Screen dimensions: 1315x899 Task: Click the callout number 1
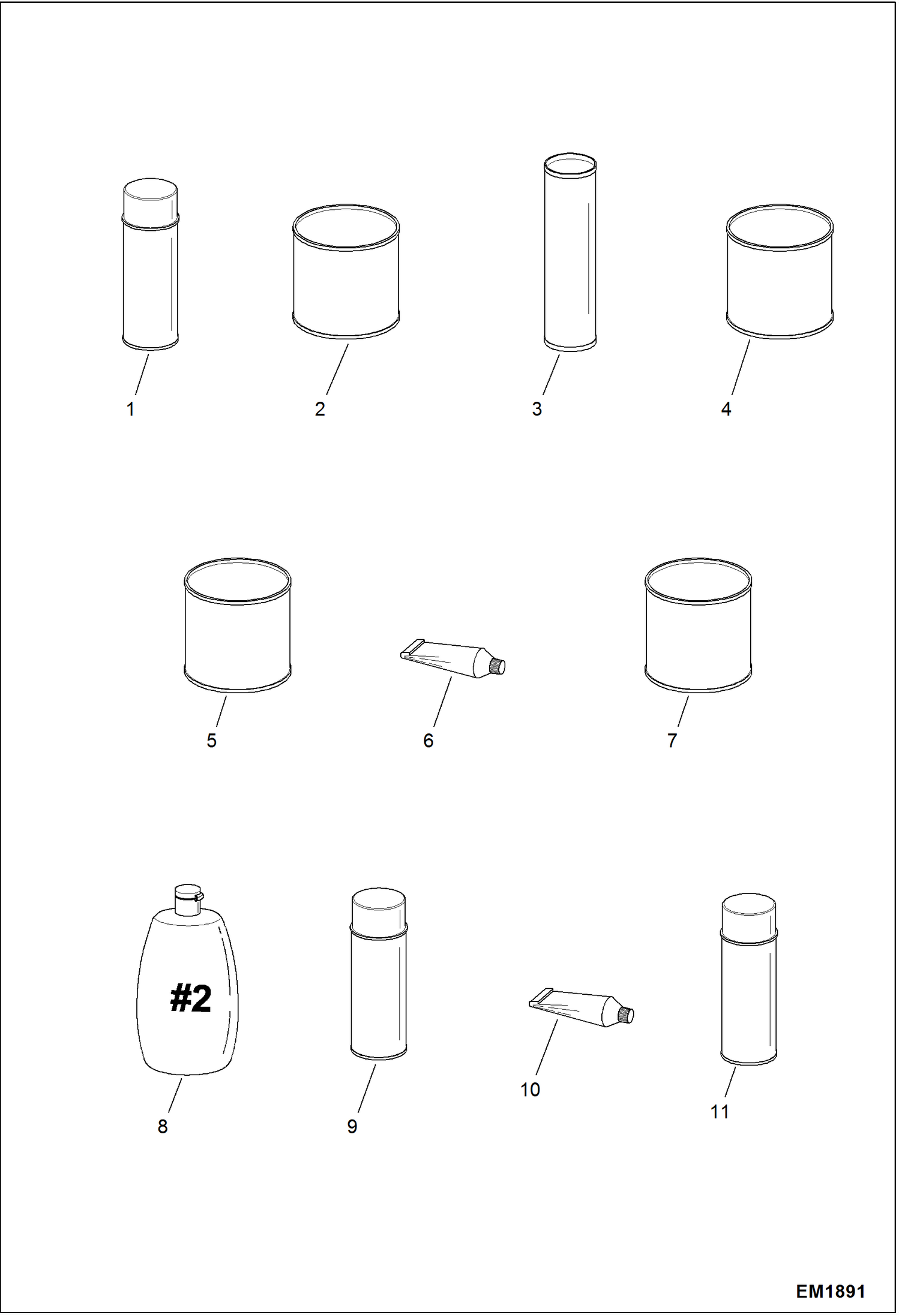(130, 410)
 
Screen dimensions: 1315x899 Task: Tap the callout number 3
(537, 409)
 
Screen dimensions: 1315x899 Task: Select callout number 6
(428, 741)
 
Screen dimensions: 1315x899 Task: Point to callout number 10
(530, 1090)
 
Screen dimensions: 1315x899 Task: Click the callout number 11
(719, 1112)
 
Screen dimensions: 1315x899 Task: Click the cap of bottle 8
(188, 899)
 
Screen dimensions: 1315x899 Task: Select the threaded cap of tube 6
(498, 666)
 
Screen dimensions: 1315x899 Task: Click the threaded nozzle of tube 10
(627, 1015)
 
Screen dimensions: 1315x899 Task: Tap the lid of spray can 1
(150, 198)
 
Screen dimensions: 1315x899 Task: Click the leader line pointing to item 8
(175, 1095)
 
